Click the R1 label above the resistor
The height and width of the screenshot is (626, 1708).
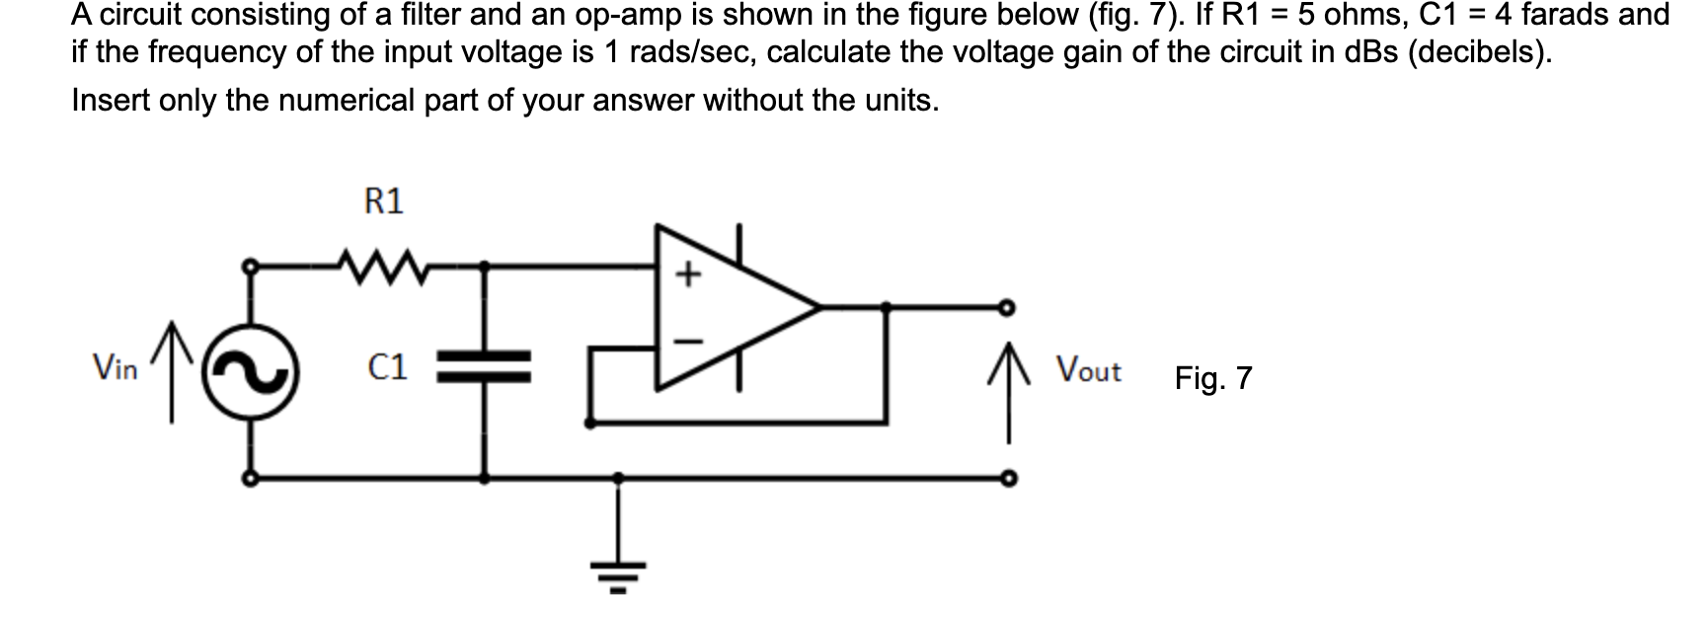pos(384,202)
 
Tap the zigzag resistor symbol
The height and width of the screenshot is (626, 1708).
pos(379,266)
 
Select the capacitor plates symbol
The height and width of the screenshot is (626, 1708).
pos(485,366)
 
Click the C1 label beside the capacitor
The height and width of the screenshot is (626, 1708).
pos(387,368)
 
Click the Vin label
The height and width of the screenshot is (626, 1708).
pos(115,369)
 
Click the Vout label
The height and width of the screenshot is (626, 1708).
pos(1088,371)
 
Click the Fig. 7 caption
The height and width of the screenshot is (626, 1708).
pos(1212,378)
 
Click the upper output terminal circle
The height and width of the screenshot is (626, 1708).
pos(1007,306)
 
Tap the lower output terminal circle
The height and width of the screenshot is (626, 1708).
pos(1007,480)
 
